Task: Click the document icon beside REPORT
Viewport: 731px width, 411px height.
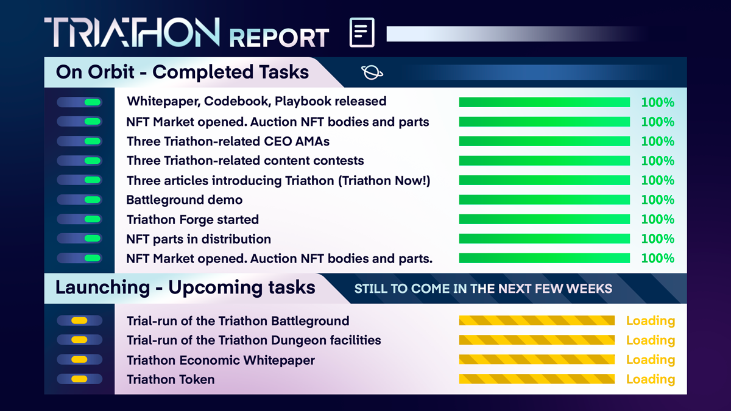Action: [x=362, y=32]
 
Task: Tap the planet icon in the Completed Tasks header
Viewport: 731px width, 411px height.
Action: [x=372, y=72]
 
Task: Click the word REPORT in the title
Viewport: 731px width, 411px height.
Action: [x=280, y=38]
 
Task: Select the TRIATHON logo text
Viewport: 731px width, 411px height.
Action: [x=132, y=32]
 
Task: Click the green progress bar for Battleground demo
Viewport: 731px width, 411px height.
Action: [x=545, y=200]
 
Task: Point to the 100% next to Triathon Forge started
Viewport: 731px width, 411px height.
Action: [x=657, y=219]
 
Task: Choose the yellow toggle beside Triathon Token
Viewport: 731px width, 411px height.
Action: [x=80, y=379]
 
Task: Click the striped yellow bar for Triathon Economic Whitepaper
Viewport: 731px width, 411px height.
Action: [x=537, y=359]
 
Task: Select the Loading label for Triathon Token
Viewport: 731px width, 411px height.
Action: [x=651, y=379]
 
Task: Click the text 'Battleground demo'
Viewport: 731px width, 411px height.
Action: [x=185, y=200]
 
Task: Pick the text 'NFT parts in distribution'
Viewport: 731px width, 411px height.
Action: [x=199, y=239]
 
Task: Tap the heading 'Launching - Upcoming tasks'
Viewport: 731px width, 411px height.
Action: [x=185, y=287]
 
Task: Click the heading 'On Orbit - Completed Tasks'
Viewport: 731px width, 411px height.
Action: [x=182, y=72]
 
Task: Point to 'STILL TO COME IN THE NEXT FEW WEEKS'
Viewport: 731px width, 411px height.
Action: [x=483, y=289]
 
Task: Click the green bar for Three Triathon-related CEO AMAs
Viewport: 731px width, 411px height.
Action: [x=545, y=141]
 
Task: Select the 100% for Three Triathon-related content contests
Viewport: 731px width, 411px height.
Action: [x=657, y=161]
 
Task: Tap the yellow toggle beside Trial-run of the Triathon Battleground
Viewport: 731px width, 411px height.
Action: [x=80, y=321]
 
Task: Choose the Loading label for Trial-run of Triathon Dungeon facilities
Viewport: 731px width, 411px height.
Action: [x=651, y=340]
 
